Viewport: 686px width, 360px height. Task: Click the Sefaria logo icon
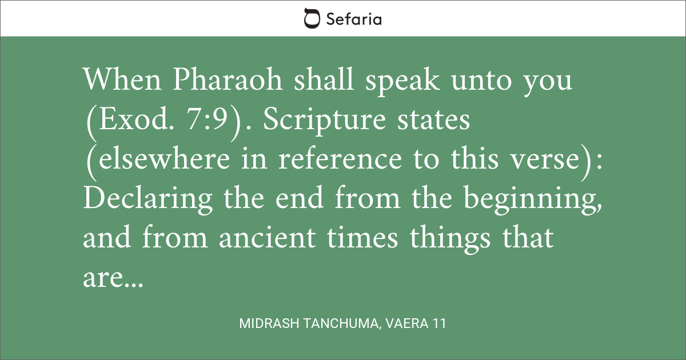(312, 18)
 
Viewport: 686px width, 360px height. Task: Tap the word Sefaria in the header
(354, 19)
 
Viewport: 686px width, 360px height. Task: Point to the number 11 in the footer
(440, 323)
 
